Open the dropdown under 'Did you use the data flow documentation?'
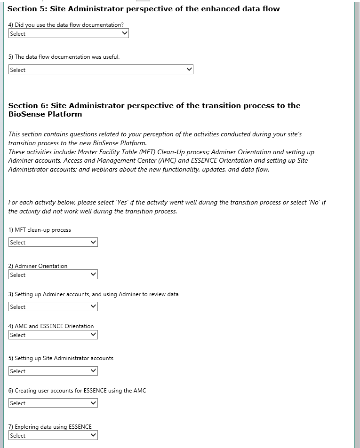[68, 33]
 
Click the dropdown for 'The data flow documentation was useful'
[101, 70]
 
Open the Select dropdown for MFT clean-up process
[53, 242]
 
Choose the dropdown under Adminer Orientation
[53, 275]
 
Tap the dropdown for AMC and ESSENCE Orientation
[53, 335]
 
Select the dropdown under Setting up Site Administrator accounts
[53, 371]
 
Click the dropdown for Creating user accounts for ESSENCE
[53, 403]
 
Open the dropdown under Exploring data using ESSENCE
[53, 435]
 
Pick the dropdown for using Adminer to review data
[53, 307]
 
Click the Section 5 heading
[144, 8]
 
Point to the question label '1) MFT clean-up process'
[40, 230]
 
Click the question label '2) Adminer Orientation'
[38, 266]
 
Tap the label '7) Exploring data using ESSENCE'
[50, 427]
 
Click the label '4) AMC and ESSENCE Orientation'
[51, 326]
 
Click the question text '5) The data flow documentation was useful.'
[64, 57]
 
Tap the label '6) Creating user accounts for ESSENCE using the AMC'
[77, 391]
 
